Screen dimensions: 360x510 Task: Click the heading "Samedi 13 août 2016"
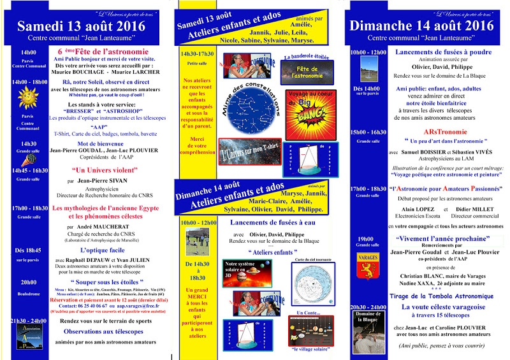85,26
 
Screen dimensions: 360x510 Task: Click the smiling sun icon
27,96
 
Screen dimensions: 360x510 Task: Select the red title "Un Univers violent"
97,171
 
